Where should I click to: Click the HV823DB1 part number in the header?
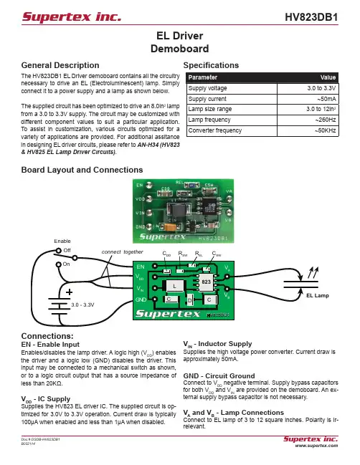click(311, 17)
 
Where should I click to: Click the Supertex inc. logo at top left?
click(72, 16)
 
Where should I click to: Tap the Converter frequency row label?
click(215, 130)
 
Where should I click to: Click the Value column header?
click(328, 77)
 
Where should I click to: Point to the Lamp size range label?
click(210, 109)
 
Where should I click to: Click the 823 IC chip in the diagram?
click(206, 282)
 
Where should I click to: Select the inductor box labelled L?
click(174, 286)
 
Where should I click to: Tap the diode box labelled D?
click(190, 300)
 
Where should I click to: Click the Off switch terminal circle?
click(59, 251)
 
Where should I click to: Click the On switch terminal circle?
click(59, 264)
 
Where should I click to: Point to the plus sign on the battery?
click(69, 292)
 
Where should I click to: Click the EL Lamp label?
click(318, 295)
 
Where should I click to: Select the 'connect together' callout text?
click(123, 251)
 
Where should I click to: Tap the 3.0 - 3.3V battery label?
click(82, 305)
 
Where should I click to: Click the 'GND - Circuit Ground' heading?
click(219, 375)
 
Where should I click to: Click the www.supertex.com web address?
click(316, 446)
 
